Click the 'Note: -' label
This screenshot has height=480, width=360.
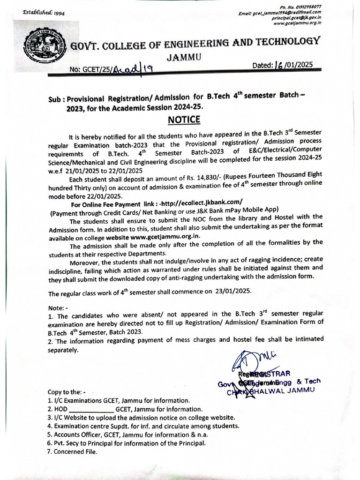(58, 307)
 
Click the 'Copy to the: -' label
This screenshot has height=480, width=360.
(67, 391)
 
